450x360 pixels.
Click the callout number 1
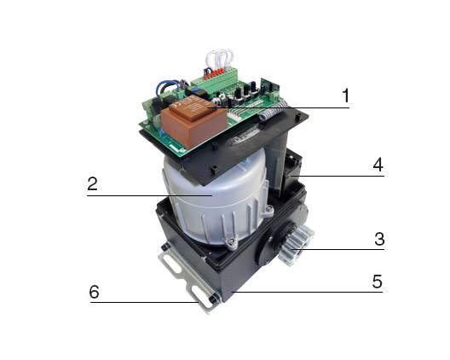[346, 96]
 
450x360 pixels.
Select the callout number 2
[92, 183]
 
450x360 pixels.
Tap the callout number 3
[379, 239]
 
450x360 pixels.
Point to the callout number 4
[378, 165]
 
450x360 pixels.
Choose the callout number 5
[378, 282]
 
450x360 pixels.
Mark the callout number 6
[94, 292]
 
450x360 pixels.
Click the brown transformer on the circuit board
[194, 124]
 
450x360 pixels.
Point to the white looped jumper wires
[219, 59]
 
